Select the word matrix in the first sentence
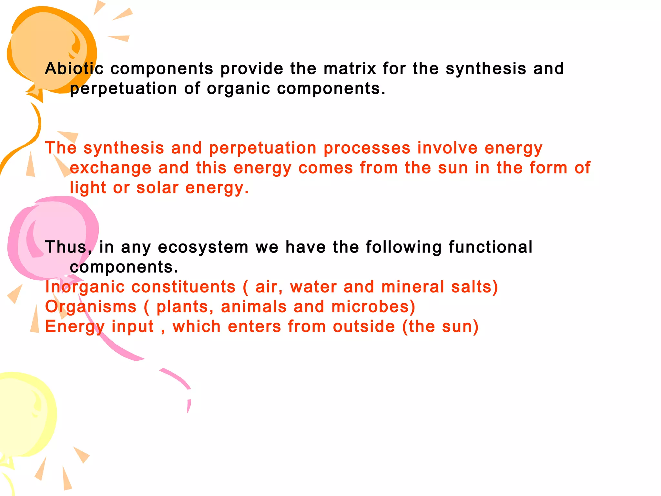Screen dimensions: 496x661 (350, 68)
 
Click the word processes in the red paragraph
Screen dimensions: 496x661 (367, 148)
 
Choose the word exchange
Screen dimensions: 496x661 (110, 168)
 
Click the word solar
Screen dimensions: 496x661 (157, 188)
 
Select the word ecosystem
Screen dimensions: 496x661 (203, 248)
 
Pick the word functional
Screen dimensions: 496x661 (490, 247)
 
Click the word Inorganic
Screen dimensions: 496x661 (85, 287)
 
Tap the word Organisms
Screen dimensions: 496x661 (91, 307)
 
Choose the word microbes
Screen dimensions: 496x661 (373, 307)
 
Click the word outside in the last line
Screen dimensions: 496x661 (364, 326)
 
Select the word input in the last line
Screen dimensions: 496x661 (133, 327)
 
